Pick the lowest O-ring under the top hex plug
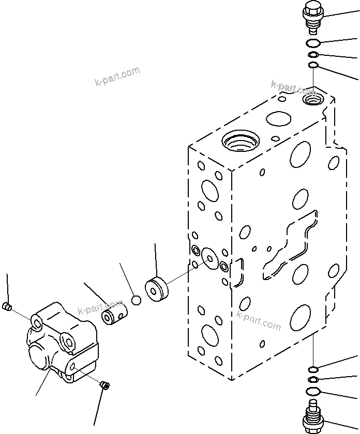312,65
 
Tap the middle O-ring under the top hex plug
313,55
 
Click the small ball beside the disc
136,300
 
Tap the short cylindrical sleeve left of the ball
113,316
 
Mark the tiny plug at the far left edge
7,308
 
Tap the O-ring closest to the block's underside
313,369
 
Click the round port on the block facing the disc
209,258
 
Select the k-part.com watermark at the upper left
117,76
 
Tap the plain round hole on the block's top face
278,119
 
